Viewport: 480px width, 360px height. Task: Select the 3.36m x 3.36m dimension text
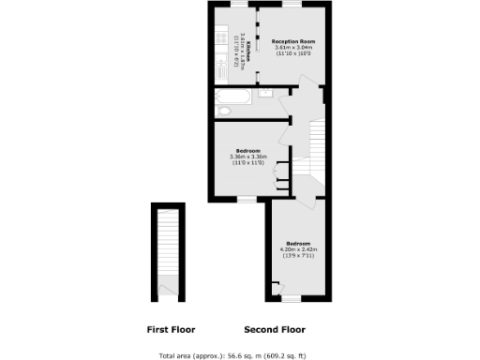coord(248,157)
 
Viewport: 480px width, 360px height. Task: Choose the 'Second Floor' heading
coord(275,329)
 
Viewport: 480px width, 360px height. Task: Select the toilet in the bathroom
coord(222,112)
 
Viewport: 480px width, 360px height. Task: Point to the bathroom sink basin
coord(265,92)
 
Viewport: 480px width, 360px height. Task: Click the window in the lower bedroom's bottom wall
coord(292,299)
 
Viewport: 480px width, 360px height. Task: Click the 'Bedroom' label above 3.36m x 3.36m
coord(248,151)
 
